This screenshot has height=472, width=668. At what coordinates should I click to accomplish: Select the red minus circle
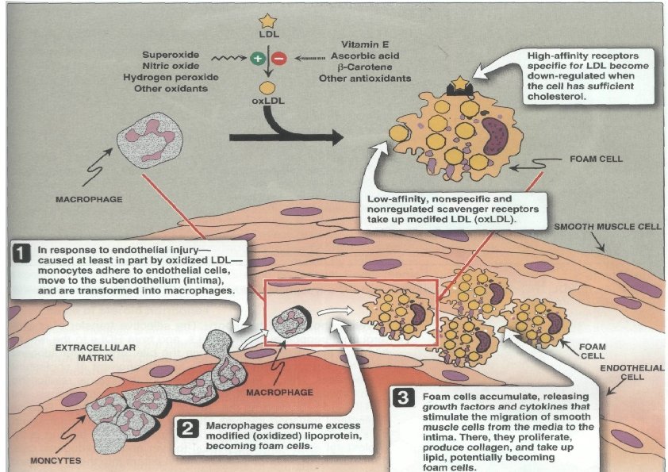pyautogui.click(x=278, y=58)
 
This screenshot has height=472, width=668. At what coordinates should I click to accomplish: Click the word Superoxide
pyautogui.click(x=171, y=54)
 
